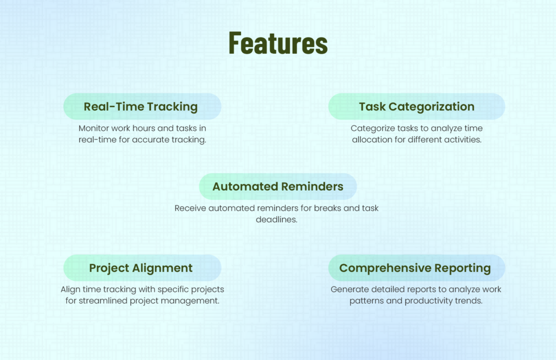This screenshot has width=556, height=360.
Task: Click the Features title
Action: click(x=278, y=43)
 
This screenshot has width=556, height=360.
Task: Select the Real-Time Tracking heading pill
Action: click(x=142, y=106)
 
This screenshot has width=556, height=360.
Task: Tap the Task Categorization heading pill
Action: click(x=416, y=106)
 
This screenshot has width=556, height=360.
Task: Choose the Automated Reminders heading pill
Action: click(x=277, y=187)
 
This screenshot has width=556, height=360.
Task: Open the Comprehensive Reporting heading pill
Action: click(x=416, y=268)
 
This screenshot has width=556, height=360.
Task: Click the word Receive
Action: click(x=191, y=209)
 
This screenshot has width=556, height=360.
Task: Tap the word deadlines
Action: click(x=277, y=219)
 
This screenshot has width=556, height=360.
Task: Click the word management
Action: click(x=194, y=300)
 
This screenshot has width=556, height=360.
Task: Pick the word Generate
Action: click(x=348, y=289)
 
